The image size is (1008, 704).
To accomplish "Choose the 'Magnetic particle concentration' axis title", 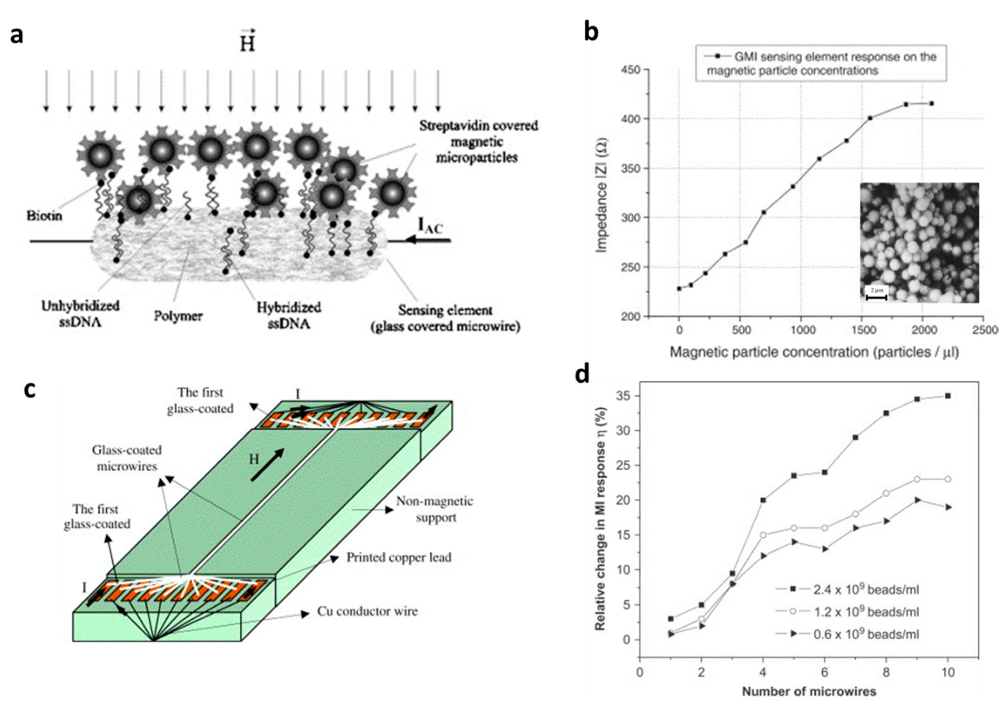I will point(814,352).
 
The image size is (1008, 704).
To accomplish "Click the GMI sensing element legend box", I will point(820,63).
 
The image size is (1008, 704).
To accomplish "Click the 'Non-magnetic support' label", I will point(435,509).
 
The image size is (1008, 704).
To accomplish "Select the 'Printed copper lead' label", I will point(399,557).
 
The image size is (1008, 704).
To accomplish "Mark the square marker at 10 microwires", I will point(947,396).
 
